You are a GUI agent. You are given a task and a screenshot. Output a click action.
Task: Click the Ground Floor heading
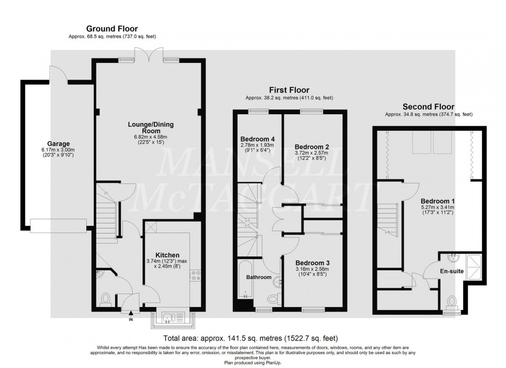(112, 28)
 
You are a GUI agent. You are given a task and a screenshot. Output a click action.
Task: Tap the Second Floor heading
(429, 106)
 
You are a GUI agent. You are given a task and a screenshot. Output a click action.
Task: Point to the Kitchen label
(167, 255)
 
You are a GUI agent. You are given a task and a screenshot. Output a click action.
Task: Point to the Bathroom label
(258, 278)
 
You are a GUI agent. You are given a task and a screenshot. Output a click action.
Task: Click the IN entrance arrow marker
(130, 312)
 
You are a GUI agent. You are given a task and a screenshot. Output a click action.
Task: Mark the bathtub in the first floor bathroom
(244, 282)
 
